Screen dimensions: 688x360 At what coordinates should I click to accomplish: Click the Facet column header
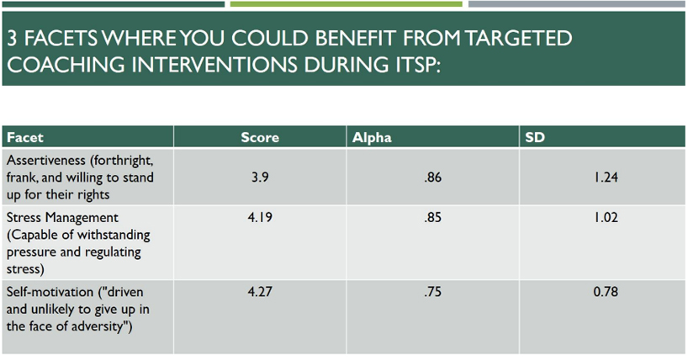click(x=25, y=137)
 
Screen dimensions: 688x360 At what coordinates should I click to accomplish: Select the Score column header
click(x=260, y=137)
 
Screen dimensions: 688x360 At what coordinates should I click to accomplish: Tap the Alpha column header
click(x=372, y=137)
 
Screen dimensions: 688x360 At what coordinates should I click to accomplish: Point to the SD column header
click(x=535, y=137)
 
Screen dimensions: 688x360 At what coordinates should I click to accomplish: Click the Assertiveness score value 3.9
click(x=260, y=177)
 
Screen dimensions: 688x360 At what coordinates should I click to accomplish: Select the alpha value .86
click(x=432, y=177)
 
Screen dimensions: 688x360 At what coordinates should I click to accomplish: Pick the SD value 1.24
click(x=606, y=177)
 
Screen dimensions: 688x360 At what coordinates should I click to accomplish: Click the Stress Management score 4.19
click(x=260, y=217)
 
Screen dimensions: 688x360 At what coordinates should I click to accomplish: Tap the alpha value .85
click(x=432, y=217)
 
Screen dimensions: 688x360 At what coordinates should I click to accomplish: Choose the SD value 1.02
click(x=606, y=217)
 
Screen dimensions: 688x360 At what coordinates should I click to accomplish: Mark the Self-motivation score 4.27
click(x=260, y=292)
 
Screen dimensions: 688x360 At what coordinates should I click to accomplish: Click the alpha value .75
click(x=432, y=292)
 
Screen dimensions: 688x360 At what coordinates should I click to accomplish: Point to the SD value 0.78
click(x=606, y=292)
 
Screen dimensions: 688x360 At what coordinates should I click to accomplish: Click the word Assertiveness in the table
click(x=46, y=161)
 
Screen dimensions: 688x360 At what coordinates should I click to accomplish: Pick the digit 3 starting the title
click(x=13, y=39)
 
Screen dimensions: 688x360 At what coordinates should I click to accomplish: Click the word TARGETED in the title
click(x=518, y=39)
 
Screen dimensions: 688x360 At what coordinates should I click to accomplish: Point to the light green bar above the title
click(x=347, y=4)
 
